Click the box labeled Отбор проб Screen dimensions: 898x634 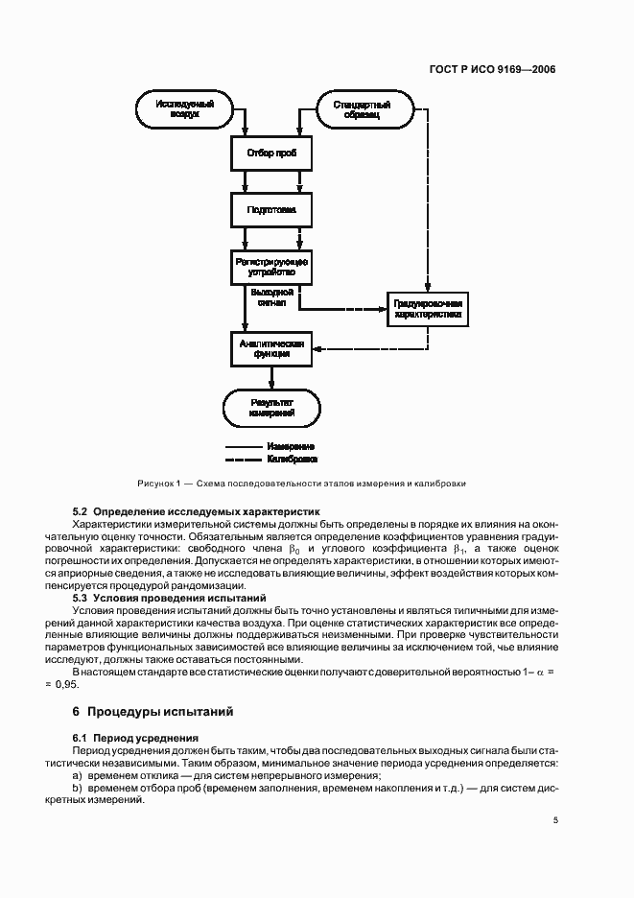click(x=272, y=154)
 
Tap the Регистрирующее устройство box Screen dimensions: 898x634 click(x=272, y=266)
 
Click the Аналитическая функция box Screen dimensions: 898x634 click(x=272, y=348)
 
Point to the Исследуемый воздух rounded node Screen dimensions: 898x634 click(x=184, y=107)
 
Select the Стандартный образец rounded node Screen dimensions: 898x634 click(x=361, y=107)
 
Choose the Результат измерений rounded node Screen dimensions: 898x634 click(x=272, y=407)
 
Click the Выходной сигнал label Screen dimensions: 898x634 click(x=272, y=295)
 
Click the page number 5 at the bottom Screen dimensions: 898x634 click(x=556, y=820)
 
